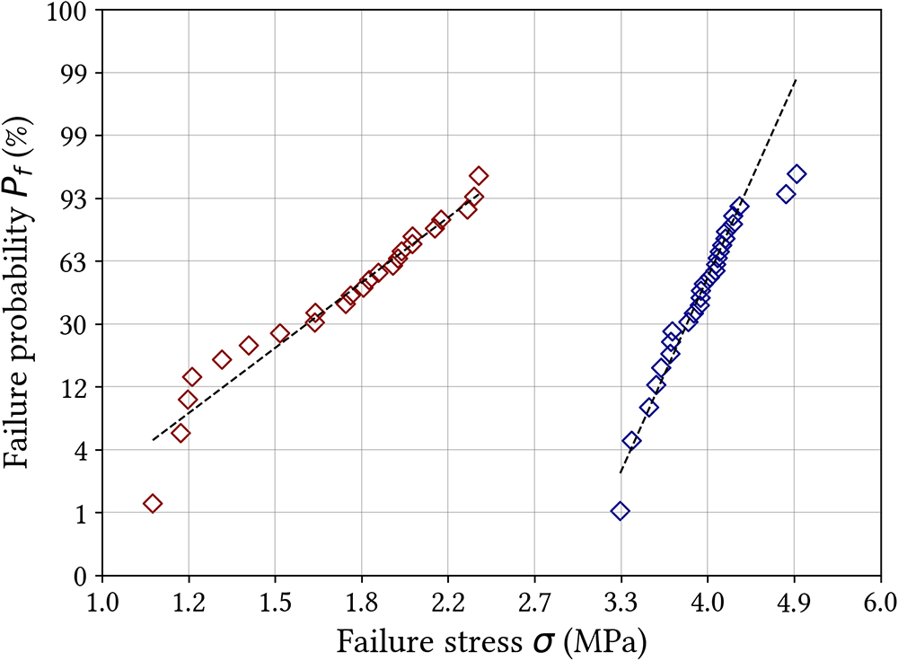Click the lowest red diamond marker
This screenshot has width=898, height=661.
point(153,504)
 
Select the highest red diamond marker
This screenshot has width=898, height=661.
point(479,176)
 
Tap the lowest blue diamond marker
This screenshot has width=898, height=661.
point(620,511)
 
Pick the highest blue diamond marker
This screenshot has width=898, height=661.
point(796,173)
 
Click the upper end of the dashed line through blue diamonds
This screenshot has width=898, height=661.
point(797,79)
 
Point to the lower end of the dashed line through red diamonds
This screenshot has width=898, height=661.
point(153,440)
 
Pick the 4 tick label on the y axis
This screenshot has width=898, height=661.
point(82,450)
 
